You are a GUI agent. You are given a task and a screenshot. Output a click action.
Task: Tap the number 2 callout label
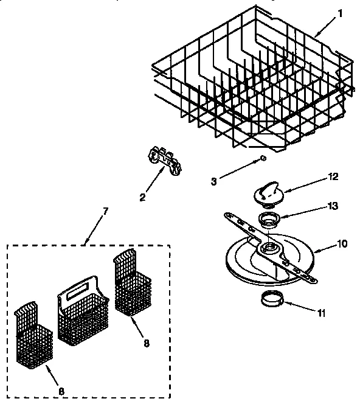pyautogui.click(x=142, y=197)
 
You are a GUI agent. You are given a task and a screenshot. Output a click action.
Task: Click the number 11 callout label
pyautogui.click(x=321, y=314)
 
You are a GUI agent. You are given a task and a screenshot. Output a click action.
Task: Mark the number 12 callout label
pyautogui.click(x=333, y=177)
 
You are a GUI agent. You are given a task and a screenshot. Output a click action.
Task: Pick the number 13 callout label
pyautogui.click(x=333, y=206)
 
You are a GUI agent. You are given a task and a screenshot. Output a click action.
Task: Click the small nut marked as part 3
pyautogui.click(x=261, y=158)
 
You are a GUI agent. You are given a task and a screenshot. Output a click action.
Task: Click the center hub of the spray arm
pyautogui.click(x=267, y=249)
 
